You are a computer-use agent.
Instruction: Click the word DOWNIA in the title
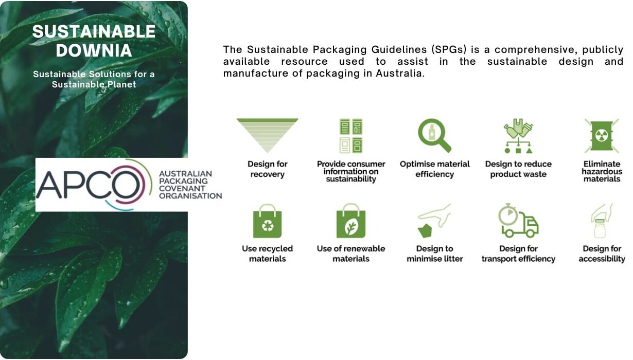pos(94,50)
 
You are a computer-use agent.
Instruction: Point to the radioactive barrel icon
pos(602,136)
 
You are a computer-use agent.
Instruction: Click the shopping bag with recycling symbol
pos(267,221)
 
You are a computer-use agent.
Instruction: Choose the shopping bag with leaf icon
pos(351,221)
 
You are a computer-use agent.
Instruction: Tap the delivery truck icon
pos(518,221)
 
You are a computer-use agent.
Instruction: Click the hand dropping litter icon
pos(434,221)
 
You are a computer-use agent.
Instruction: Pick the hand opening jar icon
pos(602,221)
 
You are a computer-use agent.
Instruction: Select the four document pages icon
pos(351,136)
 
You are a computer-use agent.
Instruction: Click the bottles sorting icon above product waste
pos(518,136)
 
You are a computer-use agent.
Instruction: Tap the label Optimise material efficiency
pos(435,169)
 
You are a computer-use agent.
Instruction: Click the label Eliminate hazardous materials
pos(602,171)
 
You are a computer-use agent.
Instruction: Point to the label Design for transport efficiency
pos(518,254)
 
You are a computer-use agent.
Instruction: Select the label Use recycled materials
pos(267,254)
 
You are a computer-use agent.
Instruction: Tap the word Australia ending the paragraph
pos(400,74)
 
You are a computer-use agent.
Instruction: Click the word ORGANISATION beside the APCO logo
pos(190,195)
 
